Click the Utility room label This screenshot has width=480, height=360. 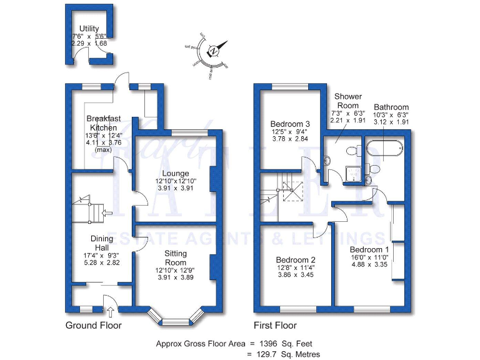(x=89, y=29)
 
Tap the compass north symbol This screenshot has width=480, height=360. (x=214, y=50)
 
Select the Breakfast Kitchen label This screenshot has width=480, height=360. (x=102, y=123)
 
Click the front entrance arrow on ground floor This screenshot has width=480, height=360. (x=110, y=312)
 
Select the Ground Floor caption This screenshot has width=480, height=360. (x=94, y=326)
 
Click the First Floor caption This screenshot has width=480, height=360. (x=275, y=326)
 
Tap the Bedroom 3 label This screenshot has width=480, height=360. (x=289, y=124)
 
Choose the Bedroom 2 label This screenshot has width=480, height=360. (x=295, y=259)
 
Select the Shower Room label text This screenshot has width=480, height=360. (x=347, y=101)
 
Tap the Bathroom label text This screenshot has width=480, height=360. (x=391, y=107)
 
